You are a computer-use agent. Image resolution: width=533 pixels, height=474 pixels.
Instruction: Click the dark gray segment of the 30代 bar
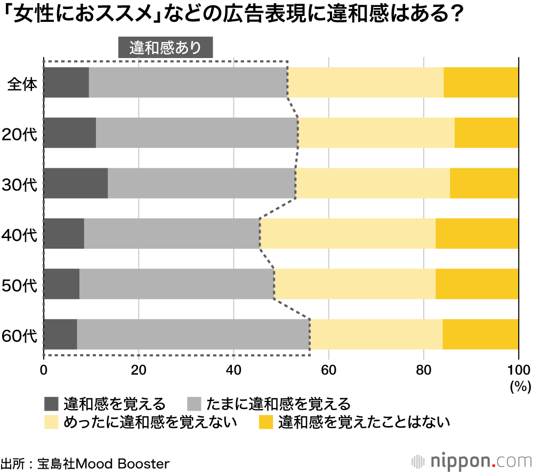[76, 183]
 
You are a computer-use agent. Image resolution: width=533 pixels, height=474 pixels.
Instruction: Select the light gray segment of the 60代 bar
[193, 334]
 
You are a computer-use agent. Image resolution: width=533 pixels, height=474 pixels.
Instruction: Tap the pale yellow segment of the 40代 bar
[348, 233]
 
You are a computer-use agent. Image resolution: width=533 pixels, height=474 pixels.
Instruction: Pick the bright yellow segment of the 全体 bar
[481, 82]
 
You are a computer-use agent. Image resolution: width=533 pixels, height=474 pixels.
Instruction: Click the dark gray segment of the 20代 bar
[70, 133]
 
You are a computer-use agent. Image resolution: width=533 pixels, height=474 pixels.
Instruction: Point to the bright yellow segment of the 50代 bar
[477, 284]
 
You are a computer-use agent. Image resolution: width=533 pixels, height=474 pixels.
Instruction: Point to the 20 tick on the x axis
[139, 370]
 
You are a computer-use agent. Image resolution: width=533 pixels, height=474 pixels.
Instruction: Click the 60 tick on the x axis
[329, 370]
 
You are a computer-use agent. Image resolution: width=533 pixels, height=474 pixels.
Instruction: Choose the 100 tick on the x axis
[518, 370]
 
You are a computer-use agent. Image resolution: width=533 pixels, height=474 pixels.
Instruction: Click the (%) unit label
[518, 385]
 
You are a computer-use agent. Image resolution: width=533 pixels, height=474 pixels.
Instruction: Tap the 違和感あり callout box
[165, 47]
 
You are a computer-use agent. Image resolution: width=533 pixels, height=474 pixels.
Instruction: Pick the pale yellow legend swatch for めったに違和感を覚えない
[51, 422]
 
